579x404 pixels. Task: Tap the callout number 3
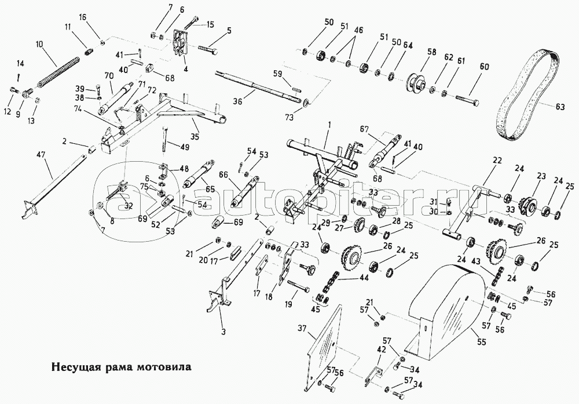(223, 332)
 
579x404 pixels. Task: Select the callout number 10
(39, 44)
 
